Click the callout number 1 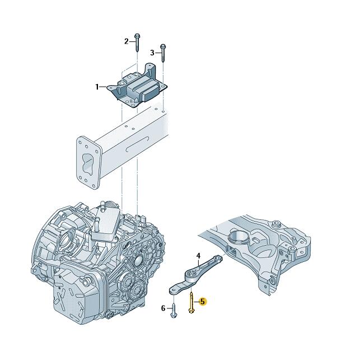(x=97, y=87)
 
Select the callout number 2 (x=126, y=41)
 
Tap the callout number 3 (x=152, y=53)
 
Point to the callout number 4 (x=198, y=256)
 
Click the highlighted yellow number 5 (x=203, y=302)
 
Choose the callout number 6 (x=163, y=308)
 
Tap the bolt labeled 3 (x=163, y=53)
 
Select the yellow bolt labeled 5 (x=191, y=303)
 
